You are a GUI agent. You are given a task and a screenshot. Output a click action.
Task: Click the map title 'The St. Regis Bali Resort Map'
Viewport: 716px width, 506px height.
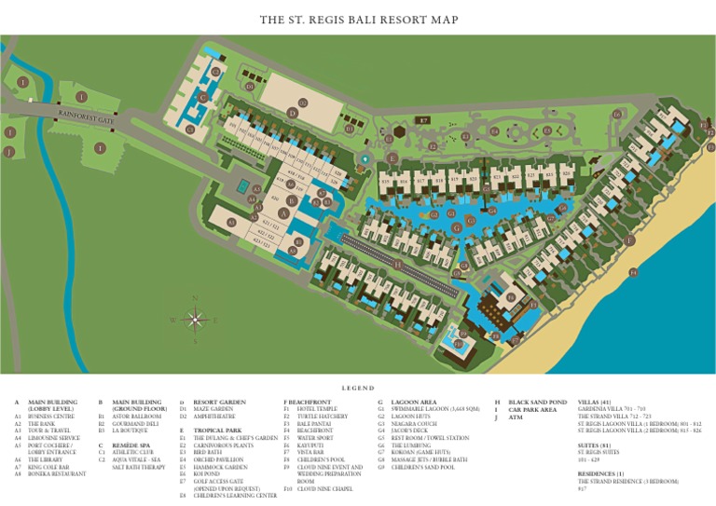[x=358, y=20]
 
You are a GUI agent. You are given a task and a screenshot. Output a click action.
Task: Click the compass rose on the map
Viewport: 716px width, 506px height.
[x=195, y=320]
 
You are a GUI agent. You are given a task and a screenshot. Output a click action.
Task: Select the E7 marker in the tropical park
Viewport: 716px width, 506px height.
[x=422, y=120]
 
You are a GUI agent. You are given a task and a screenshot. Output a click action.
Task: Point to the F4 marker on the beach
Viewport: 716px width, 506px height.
[x=633, y=273]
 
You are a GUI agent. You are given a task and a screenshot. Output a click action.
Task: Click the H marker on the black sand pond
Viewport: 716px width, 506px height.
[x=398, y=265]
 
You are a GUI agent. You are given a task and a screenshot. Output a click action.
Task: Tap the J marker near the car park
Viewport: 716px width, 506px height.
[x=9, y=151]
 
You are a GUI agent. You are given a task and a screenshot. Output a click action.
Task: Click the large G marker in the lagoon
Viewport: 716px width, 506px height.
[x=456, y=227]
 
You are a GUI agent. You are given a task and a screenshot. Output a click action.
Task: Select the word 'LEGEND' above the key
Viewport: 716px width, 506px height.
[x=358, y=388]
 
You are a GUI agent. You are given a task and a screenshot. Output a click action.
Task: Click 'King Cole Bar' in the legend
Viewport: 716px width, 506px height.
[x=48, y=466]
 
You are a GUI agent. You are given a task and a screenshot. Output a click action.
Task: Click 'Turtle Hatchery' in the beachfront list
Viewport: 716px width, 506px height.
[x=322, y=417]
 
